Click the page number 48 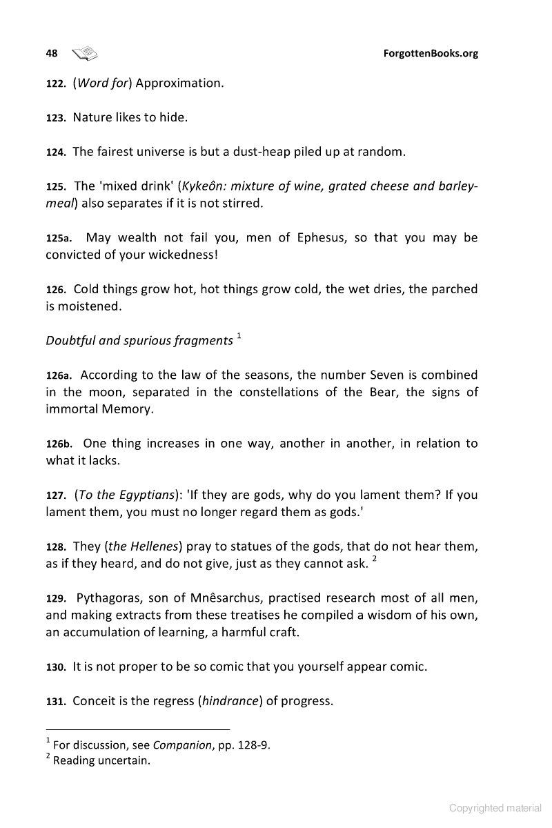pos(51,53)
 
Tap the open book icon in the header pos(85,52)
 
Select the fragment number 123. pos(55,118)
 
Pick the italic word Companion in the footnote pos(181,745)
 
